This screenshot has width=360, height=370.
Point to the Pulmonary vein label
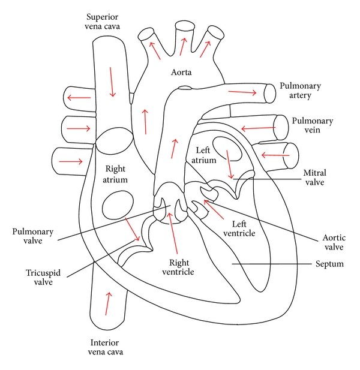[313, 125]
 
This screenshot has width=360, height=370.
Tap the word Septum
[329, 264]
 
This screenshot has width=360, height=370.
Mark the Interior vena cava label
[108, 347]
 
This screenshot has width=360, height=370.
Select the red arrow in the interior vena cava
[108, 303]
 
